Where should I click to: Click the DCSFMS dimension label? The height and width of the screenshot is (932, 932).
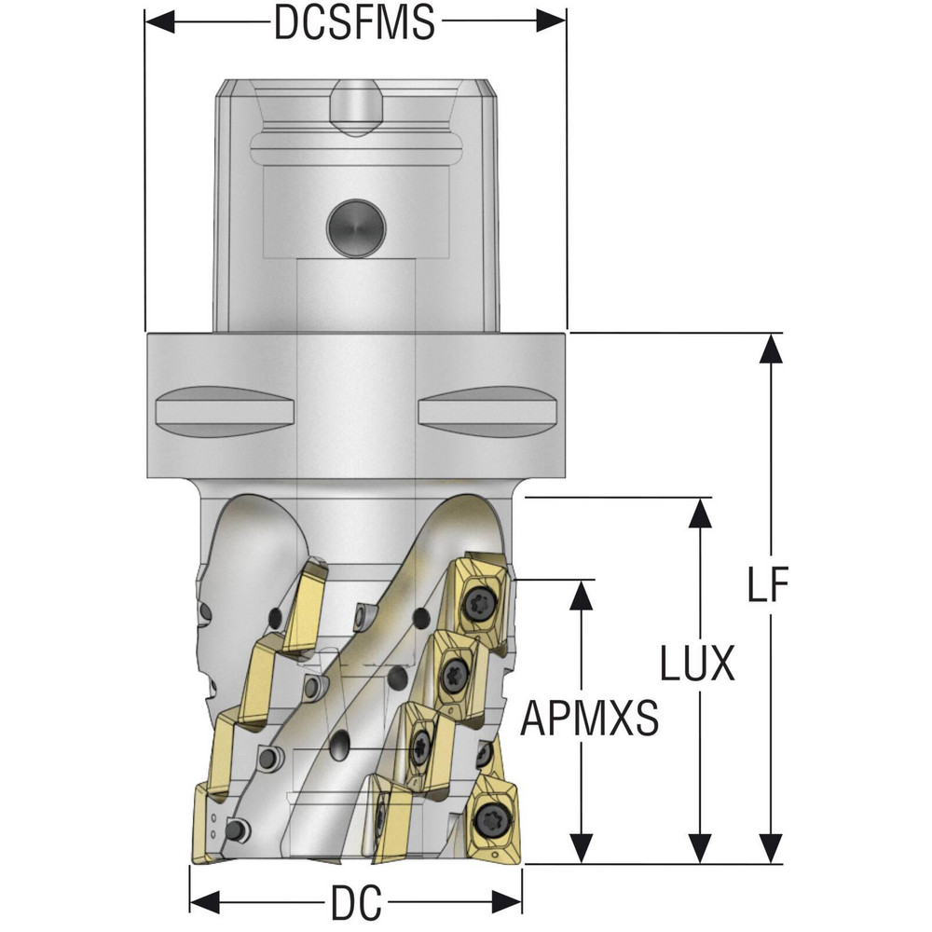tap(354, 22)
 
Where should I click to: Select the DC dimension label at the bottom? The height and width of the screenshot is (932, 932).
tap(356, 902)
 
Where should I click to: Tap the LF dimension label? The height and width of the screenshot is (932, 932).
tap(768, 583)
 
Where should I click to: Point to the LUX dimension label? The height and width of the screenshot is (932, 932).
tap(697, 663)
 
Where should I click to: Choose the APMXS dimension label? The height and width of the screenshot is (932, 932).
tap(590, 718)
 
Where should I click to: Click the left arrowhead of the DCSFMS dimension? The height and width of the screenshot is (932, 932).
tap(160, 22)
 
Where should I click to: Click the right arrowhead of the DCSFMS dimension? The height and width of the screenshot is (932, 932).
tap(551, 21)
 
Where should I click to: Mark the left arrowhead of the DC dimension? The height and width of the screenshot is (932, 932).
tap(204, 902)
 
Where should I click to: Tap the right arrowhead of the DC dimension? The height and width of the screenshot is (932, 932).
tap(507, 902)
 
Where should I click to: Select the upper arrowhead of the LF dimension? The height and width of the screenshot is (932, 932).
tap(771, 349)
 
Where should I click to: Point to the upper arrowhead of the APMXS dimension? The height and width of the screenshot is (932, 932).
tap(581, 595)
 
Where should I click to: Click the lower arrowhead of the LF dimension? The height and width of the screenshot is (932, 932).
tap(771, 848)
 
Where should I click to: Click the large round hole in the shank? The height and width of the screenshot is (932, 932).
tap(356, 228)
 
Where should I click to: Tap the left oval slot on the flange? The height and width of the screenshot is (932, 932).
tap(225, 409)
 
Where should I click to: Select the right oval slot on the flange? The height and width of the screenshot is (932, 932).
tap(488, 409)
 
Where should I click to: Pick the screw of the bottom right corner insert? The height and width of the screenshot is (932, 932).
tap(490, 821)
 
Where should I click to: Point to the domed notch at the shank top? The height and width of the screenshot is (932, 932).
tap(356, 107)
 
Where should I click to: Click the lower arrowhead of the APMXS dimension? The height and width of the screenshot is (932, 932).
tap(581, 848)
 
